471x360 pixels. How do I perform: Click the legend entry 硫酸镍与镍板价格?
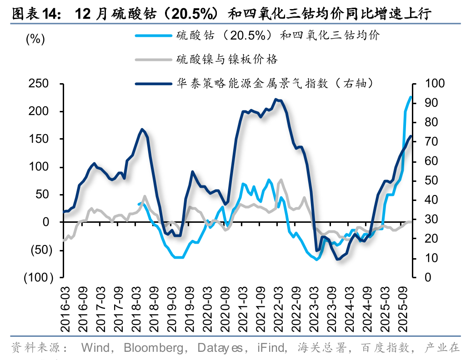pos(227,60)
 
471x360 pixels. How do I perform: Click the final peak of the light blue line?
pos(411,97)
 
